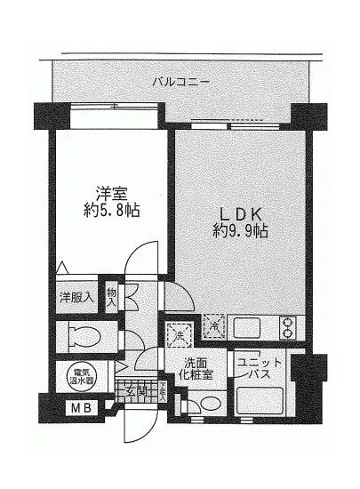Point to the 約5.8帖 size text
pos(112,212)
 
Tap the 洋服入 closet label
pos(76,297)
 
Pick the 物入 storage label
pos(112,296)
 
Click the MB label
pos(80,410)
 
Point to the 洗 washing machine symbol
pos(178,334)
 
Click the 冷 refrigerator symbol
pos(213,328)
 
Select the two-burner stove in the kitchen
pos(290,328)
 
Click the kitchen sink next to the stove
pos(248,328)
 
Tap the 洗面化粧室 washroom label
pos(197,369)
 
